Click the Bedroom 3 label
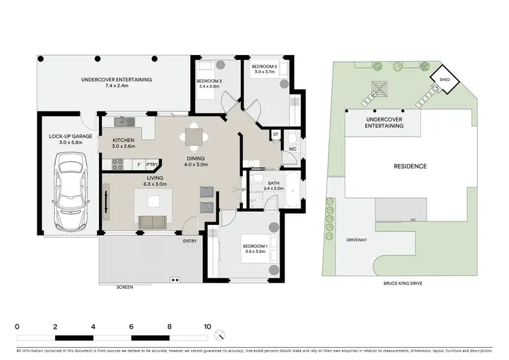[x=209, y=83]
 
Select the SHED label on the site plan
[x=445, y=79]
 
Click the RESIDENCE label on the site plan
[x=410, y=166]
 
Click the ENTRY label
[x=190, y=240]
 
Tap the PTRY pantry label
[x=151, y=164]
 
